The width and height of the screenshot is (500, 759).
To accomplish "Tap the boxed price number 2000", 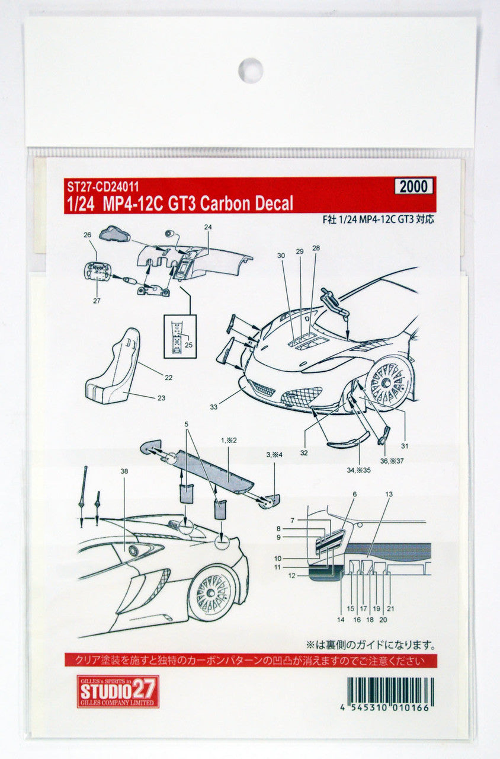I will (414, 187).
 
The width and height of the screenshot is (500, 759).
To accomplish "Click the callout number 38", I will (123, 471).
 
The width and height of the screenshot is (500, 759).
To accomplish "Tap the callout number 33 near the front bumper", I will (214, 407).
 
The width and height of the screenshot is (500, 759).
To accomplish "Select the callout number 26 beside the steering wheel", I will (88, 235).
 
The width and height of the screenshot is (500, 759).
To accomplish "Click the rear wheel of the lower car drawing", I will (211, 591).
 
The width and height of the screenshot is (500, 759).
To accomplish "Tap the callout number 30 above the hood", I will (281, 255).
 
